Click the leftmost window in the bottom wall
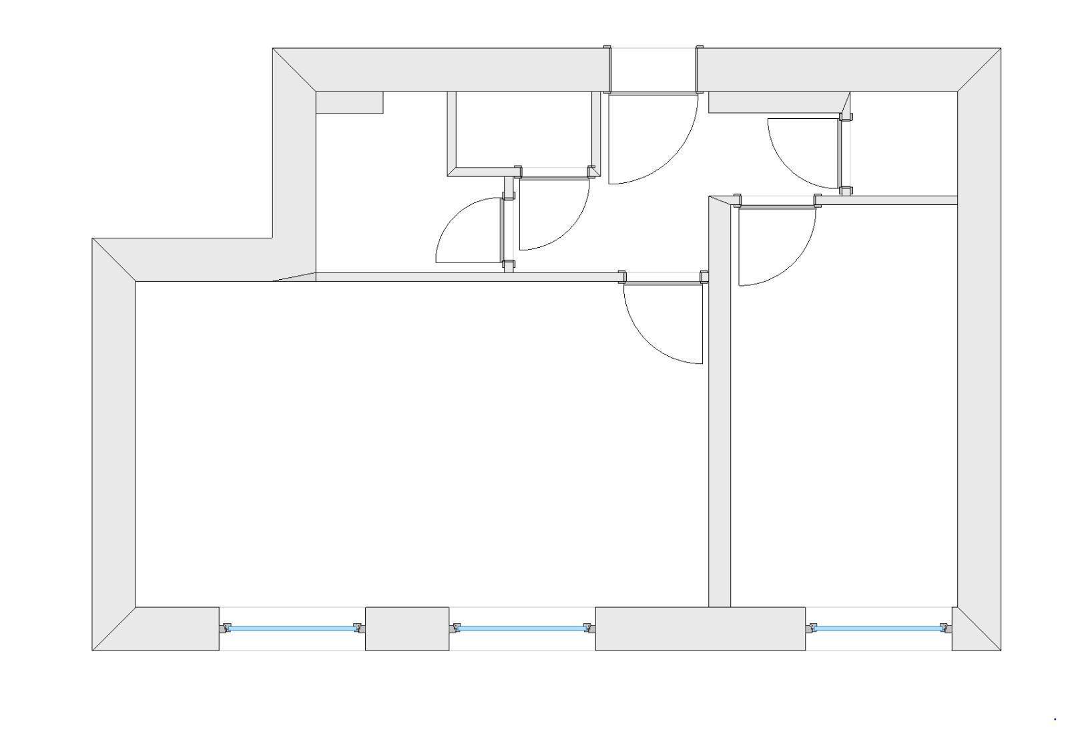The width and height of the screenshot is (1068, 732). coord(292,628)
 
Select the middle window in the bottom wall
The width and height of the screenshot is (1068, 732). coord(521,628)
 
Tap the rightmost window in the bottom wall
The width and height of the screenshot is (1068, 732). coord(878,628)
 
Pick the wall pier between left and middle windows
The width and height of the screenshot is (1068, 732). coord(407,628)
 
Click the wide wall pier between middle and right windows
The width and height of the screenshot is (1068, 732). coord(700,628)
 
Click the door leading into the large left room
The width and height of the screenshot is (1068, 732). coord(662,283)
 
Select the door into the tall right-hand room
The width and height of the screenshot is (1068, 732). coord(777,207)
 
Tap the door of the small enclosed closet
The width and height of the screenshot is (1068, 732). coord(554,178)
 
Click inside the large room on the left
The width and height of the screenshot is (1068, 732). coord(421,441)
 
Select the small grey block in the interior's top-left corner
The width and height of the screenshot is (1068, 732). coord(348,102)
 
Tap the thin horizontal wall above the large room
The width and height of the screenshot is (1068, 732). coord(467,277)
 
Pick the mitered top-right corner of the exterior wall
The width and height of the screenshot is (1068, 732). coord(979,69)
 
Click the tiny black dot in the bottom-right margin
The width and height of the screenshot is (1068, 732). coord(1055,719)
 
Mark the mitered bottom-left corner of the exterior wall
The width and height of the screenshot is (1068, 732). coord(114,628)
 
